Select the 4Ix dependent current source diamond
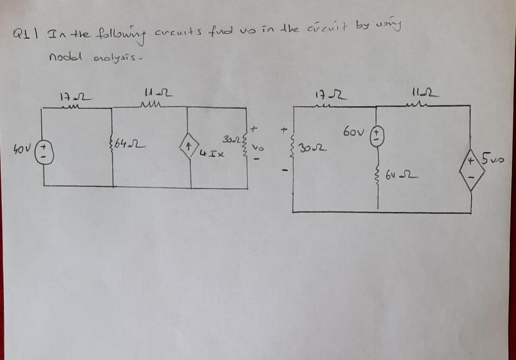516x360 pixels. tap(190, 149)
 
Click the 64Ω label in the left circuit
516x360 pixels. tap(126, 146)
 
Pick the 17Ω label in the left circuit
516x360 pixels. tap(70, 95)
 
